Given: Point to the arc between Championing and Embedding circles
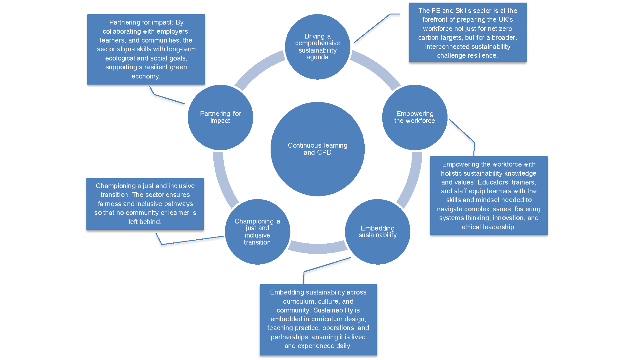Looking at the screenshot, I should [317, 248].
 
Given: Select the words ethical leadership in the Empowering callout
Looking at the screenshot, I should [489, 227].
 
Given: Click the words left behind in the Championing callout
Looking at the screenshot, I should [145, 222].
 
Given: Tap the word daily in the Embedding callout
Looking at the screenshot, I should [343, 346].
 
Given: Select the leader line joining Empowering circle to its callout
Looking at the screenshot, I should [462, 131].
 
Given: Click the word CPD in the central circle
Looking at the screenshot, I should [324, 152].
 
